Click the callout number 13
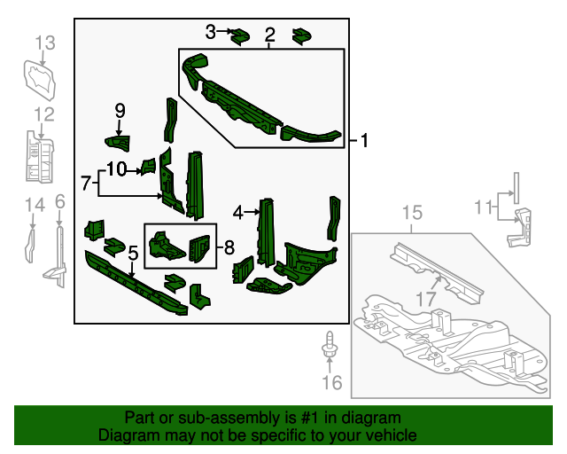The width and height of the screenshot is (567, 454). (45, 42)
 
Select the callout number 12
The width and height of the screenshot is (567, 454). (44, 113)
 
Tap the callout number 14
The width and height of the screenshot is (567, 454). (34, 206)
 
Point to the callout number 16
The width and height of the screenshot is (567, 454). (330, 383)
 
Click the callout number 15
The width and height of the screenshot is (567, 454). (413, 213)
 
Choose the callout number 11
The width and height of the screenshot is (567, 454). (482, 207)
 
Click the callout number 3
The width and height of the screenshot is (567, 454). (210, 32)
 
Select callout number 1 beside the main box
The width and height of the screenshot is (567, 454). (363, 140)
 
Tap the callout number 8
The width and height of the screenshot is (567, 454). (228, 246)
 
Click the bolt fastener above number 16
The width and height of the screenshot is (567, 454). (330, 346)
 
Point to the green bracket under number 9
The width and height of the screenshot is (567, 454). (117, 142)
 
